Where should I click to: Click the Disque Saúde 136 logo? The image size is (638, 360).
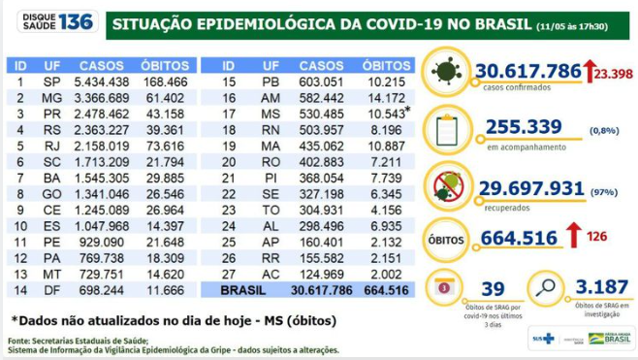50,21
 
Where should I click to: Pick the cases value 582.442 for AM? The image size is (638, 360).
320,98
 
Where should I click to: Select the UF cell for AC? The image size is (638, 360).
271,275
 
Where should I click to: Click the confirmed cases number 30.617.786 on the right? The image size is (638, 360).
527,71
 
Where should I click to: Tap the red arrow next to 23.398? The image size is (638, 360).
589,70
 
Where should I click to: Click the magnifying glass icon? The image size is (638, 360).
548,287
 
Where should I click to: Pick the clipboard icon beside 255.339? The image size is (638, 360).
446,128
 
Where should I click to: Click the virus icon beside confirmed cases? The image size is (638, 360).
446,71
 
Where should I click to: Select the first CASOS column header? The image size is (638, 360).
101,65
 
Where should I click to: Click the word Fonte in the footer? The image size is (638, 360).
19,341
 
